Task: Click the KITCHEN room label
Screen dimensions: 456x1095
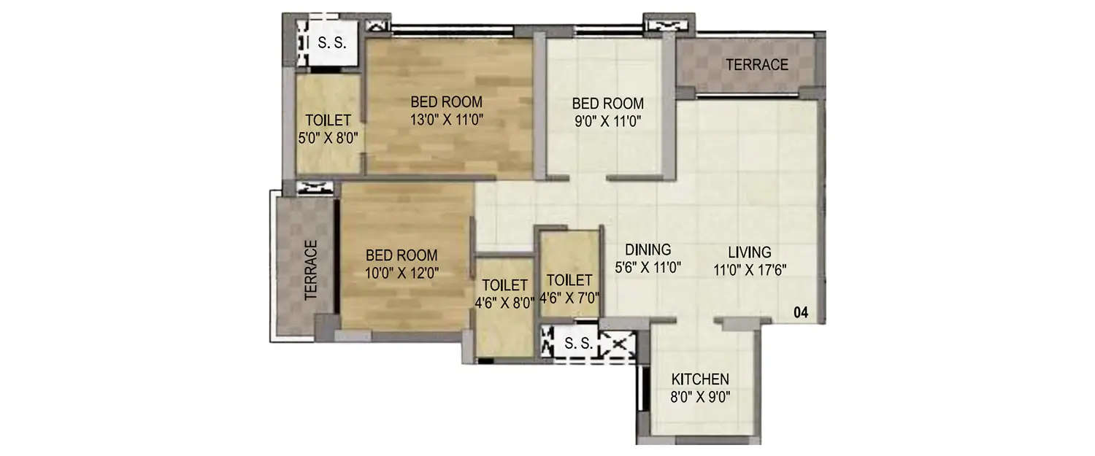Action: tap(700, 379)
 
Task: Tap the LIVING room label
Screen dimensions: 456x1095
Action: tap(749, 252)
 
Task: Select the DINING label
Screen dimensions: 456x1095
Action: tap(648, 250)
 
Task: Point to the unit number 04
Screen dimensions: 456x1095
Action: tap(801, 313)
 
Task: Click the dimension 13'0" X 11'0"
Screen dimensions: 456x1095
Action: tap(446, 118)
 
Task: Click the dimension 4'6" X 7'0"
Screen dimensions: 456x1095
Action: tap(569, 297)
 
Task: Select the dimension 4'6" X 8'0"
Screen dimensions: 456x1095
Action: tap(504, 301)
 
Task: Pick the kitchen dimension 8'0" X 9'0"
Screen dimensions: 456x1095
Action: tap(700, 397)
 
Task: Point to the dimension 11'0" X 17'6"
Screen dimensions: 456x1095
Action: tap(750, 269)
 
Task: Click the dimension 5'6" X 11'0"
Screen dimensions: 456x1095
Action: tap(648, 267)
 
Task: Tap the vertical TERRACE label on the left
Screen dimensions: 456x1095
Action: tap(312, 271)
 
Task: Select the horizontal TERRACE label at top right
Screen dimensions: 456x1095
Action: tap(756, 65)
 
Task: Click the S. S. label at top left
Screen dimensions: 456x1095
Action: tap(327, 44)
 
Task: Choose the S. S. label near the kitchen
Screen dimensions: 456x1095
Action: tap(578, 344)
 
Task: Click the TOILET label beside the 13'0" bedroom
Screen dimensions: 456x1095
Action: tap(328, 120)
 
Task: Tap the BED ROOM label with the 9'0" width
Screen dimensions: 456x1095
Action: tap(607, 103)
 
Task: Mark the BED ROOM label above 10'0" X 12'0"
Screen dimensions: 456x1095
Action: tap(401, 255)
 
